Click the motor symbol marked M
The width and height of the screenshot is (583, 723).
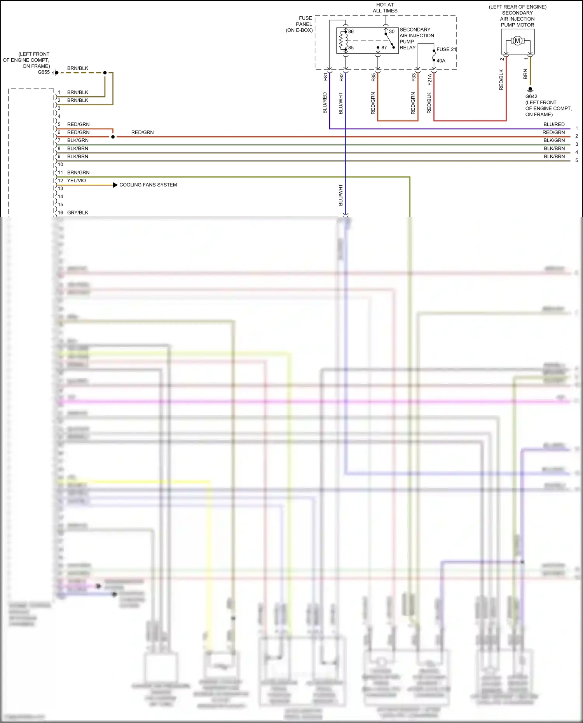[517, 41]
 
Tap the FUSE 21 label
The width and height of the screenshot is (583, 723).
[446, 49]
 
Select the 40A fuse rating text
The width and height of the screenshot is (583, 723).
[441, 61]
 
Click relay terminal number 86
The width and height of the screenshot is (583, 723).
[351, 32]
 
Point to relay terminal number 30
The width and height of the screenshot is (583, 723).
[392, 32]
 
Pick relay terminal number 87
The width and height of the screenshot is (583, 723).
[384, 48]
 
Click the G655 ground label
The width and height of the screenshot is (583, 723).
[44, 72]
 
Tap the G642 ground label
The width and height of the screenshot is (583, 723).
[531, 97]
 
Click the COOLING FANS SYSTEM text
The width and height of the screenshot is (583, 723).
[148, 185]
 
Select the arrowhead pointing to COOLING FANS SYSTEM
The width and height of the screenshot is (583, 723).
[115, 185]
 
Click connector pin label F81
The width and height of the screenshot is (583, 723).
[326, 77]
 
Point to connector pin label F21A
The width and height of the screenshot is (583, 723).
[429, 80]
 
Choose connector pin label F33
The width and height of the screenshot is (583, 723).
[414, 77]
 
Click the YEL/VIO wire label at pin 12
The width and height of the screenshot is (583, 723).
[77, 181]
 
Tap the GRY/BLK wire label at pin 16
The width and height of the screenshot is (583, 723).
[78, 213]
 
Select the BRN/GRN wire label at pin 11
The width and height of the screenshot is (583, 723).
[78, 172]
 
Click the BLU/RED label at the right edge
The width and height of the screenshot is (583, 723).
[554, 125]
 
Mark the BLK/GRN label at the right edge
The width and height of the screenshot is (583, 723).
[554, 141]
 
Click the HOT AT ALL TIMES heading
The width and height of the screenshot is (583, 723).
[385, 8]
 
